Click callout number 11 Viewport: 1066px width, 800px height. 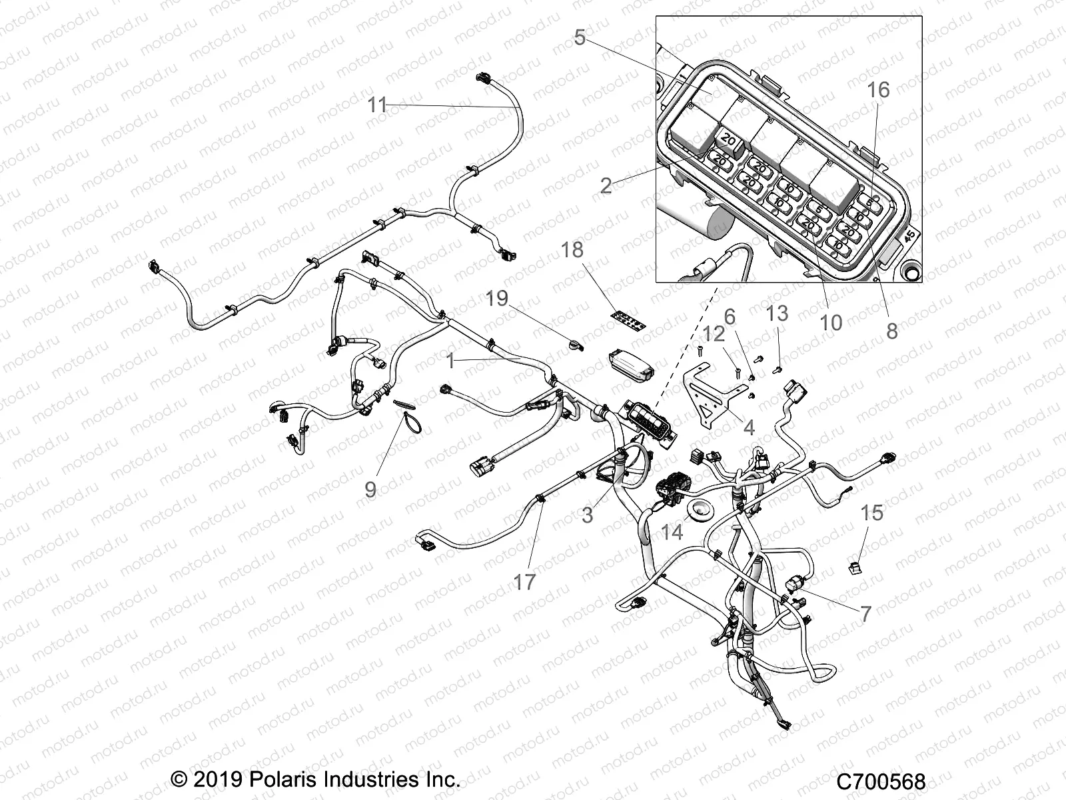[x=377, y=105]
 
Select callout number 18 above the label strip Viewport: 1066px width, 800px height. [x=572, y=250]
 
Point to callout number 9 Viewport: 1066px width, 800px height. [x=370, y=489]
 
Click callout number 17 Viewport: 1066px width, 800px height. [x=524, y=582]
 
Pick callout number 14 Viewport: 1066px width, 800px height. [x=672, y=531]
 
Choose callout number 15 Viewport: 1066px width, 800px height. [x=872, y=513]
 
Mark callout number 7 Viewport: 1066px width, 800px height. [x=865, y=613]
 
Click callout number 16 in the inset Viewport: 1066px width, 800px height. [x=879, y=89]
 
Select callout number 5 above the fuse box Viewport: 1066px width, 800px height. [x=580, y=37]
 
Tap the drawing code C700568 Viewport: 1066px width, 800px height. [x=881, y=781]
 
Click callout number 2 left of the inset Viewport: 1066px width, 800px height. [x=605, y=185]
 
